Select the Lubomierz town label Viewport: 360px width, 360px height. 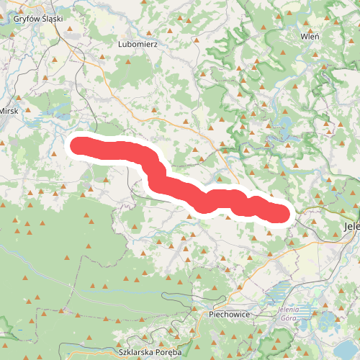[142, 44]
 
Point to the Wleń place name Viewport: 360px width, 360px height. [310, 35]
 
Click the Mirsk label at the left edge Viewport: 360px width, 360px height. [8, 111]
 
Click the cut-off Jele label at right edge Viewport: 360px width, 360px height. [351, 226]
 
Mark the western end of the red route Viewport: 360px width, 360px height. [76, 145]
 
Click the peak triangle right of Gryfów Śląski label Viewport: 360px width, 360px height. [71, 30]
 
